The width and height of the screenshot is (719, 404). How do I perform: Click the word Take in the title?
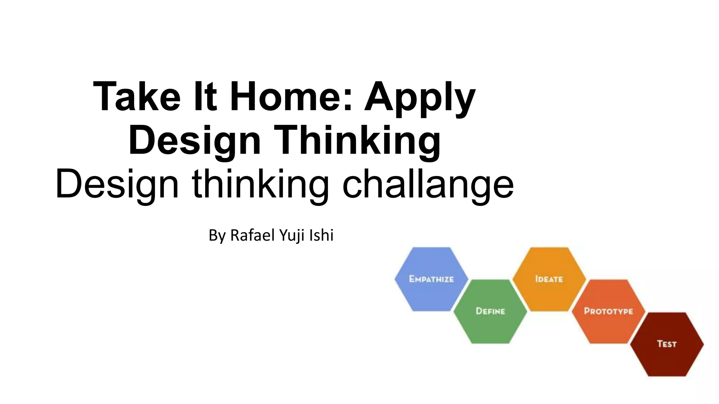pos(137,96)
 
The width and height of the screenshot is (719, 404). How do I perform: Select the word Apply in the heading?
pos(420,98)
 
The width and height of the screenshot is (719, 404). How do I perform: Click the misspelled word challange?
pos(428,184)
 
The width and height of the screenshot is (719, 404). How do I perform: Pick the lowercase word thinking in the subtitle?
pos(260,184)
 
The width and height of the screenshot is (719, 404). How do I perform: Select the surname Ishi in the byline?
pos(321,235)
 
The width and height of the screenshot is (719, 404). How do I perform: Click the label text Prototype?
pos(608,311)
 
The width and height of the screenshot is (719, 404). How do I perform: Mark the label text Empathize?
pos(431,279)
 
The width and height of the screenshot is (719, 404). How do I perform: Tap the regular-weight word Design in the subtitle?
pos(117,184)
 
